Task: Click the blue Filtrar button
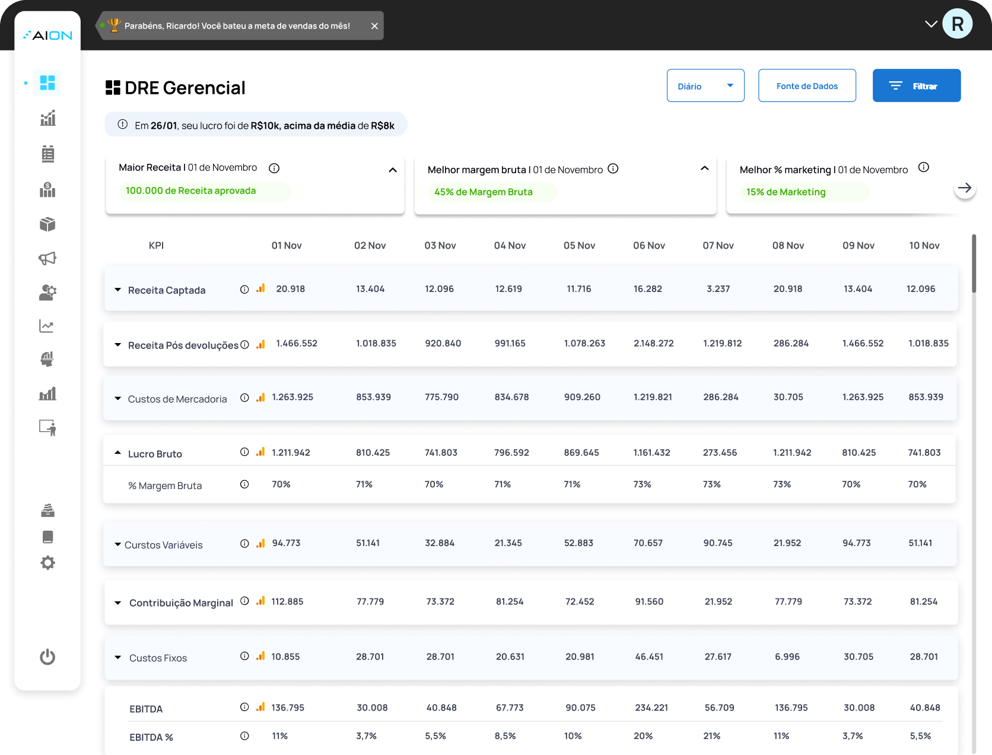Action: click(x=916, y=85)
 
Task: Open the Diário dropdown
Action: click(x=705, y=85)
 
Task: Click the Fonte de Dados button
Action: click(x=806, y=85)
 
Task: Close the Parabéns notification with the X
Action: click(x=374, y=26)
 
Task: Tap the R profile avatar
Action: click(x=956, y=24)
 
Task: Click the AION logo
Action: click(x=47, y=36)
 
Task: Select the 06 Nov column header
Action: click(x=648, y=246)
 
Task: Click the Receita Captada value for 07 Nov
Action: click(x=718, y=289)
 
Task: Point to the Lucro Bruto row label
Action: click(x=155, y=454)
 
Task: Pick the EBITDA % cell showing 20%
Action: click(x=643, y=736)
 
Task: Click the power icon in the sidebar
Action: click(x=47, y=657)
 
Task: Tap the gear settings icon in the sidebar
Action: click(x=47, y=563)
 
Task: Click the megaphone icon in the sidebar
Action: click(x=47, y=258)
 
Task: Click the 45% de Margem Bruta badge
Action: click(x=484, y=192)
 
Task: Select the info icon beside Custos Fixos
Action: click(x=244, y=656)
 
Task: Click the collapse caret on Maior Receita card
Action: click(x=393, y=170)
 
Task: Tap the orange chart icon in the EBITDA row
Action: click(x=260, y=707)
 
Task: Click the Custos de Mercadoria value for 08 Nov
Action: click(x=788, y=397)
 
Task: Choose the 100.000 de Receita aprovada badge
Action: click(x=191, y=191)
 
